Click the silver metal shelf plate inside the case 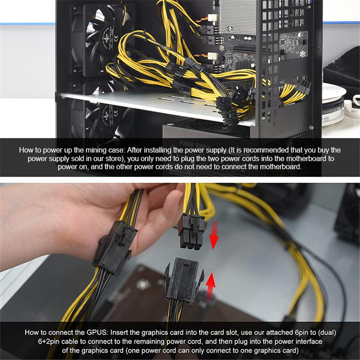point(160,105)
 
